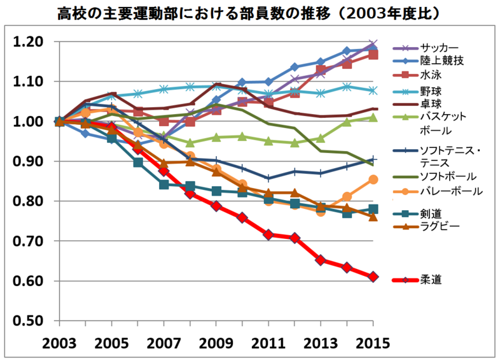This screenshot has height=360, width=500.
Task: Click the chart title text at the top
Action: (x=250, y=13)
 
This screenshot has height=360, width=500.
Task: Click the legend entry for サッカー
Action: (x=439, y=48)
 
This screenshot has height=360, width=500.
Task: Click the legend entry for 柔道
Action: (x=431, y=279)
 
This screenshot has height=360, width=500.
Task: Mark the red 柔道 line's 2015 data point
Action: (x=373, y=277)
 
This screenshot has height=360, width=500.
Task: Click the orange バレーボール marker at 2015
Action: (x=373, y=179)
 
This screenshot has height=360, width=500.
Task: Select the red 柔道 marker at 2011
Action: (x=268, y=235)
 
